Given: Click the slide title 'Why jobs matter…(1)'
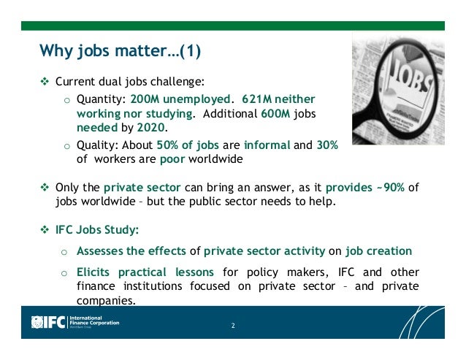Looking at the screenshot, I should tap(120, 52).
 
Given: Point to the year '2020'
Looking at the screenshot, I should tap(164, 127).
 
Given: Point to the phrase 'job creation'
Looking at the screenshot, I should tap(386, 252).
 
